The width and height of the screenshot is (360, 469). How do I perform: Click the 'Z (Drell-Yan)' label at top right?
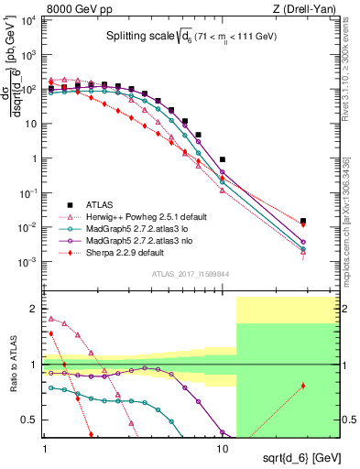[x=308, y=8]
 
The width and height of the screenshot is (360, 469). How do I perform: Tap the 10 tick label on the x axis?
[x=222, y=449]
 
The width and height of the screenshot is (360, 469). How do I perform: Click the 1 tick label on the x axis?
[x=45, y=449]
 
